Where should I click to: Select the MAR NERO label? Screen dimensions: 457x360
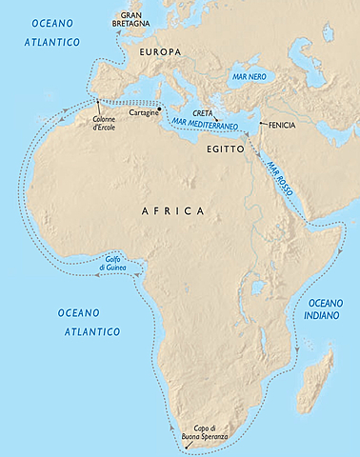246,73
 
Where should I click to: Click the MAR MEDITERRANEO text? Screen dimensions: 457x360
202,127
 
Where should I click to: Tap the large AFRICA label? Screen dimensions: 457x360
170,209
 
